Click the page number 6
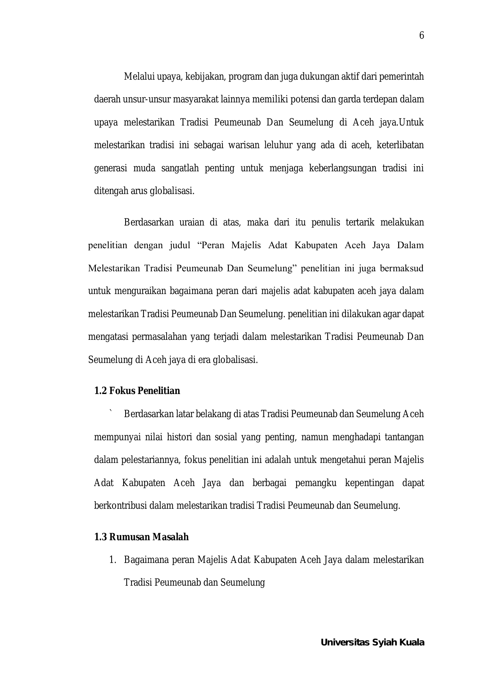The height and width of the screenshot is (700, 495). tap(422, 36)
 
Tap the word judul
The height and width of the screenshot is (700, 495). tap(180, 245)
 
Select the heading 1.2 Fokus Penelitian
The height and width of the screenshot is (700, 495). tap(137, 391)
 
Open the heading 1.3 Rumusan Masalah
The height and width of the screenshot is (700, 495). tap(141, 537)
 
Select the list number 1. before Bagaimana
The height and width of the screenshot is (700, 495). tap(112, 560)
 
